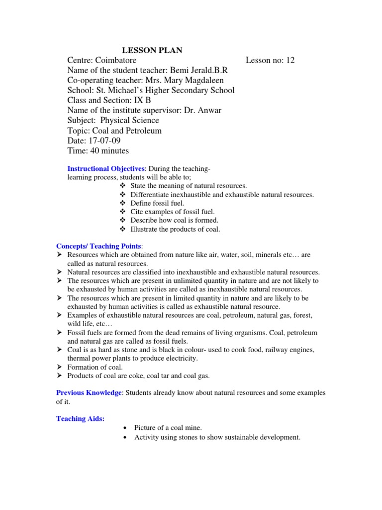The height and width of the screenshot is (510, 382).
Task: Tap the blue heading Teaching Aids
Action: [x=80, y=419]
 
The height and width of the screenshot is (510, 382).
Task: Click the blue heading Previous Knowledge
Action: [x=89, y=393]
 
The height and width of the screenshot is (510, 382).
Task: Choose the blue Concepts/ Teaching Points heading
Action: [x=99, y=246]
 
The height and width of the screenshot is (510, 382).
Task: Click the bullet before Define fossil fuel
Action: [x=123, y=203]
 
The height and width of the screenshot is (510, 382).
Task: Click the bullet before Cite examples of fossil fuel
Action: [x=123, y=212]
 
